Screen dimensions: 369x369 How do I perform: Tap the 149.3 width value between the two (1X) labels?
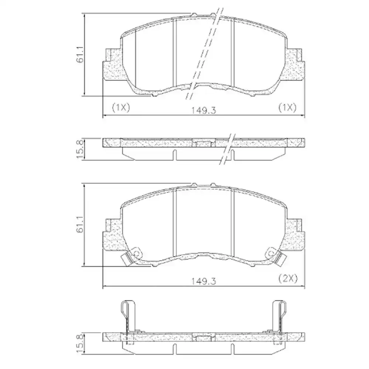point(203,110)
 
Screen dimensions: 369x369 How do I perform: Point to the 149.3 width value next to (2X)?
point(203,280)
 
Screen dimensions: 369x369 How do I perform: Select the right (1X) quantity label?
point(287,107)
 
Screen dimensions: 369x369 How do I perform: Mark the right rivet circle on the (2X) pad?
point(270,254)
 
